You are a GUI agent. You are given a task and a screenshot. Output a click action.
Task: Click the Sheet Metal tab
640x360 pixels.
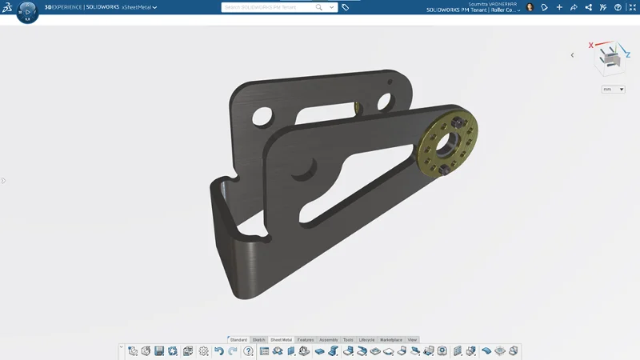click(x=281, y=340)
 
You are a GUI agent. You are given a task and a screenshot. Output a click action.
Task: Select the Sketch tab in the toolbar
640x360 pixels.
click(x=258, y=340)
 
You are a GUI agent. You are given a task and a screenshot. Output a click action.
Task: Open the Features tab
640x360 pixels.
click(x=306, y=340)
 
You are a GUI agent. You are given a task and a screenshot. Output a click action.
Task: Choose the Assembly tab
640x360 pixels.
click(x=329, y=340)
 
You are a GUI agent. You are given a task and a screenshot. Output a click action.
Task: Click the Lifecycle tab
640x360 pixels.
click(x=366, y=340)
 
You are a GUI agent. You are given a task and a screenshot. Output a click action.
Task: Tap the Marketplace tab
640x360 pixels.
click(x=391, y=340)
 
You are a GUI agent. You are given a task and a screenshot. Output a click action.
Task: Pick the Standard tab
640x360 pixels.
click(x=238, y=340)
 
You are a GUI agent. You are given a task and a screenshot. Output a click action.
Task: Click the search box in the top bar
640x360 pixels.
click(x=272, y=7)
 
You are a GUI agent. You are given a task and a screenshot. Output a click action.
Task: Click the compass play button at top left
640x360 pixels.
click(x=26, y=12)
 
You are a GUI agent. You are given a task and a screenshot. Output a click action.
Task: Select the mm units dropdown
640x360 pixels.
click(x=613, y=90)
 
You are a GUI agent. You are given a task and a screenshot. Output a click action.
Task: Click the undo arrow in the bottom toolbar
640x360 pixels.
click(x=218, y=351)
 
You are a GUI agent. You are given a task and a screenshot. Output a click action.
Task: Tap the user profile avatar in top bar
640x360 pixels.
click(x=530, y=7)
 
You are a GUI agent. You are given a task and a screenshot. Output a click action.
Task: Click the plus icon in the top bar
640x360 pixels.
click(x=559, y=7)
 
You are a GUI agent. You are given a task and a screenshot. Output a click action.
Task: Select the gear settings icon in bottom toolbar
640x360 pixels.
click(x=203, y=351)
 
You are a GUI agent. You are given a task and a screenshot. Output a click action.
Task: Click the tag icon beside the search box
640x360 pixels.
click(x=345, y=7)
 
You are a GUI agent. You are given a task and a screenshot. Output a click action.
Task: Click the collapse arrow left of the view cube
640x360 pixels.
click(x=572, y=55)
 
